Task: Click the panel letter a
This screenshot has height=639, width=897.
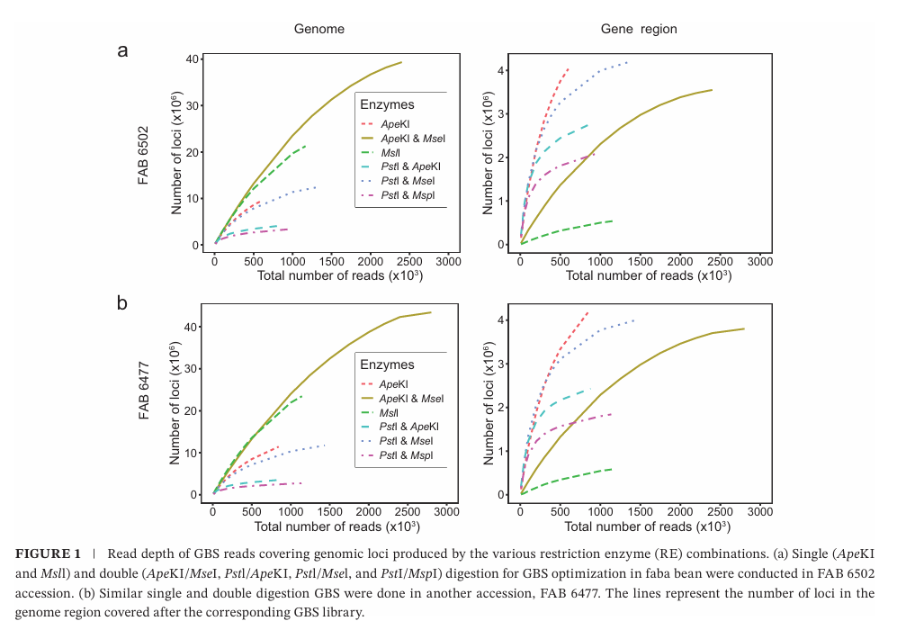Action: (122, 50)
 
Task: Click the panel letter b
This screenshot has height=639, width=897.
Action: (122, 302)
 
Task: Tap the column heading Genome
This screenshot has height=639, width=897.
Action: (319, 29)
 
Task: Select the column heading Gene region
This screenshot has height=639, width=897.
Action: (639, 29)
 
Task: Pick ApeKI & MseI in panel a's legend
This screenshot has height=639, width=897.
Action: (413, 138)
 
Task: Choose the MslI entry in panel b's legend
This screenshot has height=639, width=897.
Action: (394, 413)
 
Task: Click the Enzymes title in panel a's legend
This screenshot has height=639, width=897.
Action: (387, 105)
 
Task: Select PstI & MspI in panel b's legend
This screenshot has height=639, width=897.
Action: (408, 456)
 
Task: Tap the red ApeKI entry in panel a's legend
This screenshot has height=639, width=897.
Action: (396, 123)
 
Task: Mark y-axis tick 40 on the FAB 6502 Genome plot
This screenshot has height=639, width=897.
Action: (193, 59)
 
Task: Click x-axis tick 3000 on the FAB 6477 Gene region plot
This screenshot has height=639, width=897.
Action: (760, 511)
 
